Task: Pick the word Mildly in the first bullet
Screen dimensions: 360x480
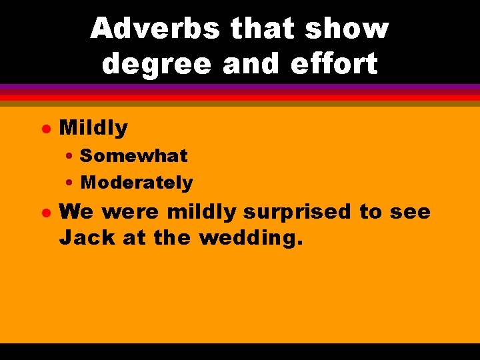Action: [x=93, y=127]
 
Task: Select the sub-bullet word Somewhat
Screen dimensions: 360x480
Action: [x=133, y=156]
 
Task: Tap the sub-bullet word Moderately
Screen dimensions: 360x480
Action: [x=137, y=182]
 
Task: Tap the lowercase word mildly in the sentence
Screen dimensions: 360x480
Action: [x=202, y=212]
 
